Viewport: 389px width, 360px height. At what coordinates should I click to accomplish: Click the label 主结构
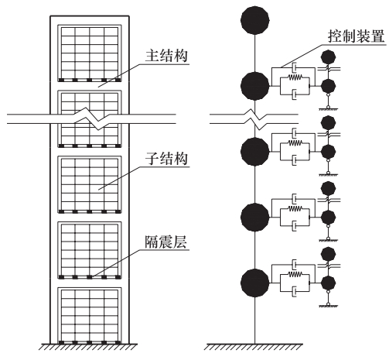pos(166,56)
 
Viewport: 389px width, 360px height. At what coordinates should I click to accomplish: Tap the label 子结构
pos(166,159)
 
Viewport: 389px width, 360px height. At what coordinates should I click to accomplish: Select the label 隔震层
pos(166,242)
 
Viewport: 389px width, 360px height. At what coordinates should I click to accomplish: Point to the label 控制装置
pos(357,36)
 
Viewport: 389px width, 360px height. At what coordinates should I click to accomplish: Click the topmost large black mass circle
pos(255,20)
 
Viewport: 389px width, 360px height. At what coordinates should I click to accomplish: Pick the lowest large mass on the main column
pos(255,283)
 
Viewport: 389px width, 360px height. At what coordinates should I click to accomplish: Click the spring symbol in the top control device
pos(295,77)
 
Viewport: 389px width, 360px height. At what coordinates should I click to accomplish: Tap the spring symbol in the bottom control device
pos(295,274)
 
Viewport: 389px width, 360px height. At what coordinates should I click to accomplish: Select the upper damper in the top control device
pos(294,68)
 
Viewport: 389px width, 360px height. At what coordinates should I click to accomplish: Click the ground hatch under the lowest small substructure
pos(328,307)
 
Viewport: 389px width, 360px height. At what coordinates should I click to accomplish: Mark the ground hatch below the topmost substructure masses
pos(328,109)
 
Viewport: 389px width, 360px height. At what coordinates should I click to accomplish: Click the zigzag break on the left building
pos(90,119)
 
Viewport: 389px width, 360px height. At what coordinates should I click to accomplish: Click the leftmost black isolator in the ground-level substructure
pos(61,342)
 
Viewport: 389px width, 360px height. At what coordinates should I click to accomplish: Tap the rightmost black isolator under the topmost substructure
pos(118,80)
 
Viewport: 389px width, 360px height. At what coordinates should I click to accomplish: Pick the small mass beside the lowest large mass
pos(328,283)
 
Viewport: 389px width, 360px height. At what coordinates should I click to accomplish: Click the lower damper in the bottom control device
pos(294,292)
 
